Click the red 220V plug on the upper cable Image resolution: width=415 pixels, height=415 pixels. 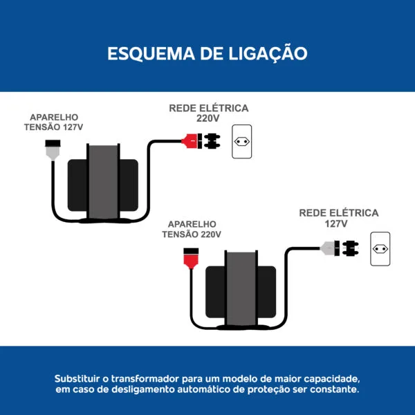pos(190,142)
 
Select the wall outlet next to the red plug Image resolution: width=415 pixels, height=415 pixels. pos(242,141)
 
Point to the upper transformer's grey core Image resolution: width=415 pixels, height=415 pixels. pos(102,183)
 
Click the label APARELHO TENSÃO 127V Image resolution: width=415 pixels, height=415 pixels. pos(53,122)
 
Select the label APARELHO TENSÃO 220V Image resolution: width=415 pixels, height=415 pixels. pos(192,229)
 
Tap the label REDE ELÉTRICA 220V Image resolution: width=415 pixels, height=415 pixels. pos(208,113)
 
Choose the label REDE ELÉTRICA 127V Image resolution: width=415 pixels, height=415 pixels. pos(339,218)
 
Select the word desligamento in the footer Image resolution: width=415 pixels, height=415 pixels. pos(137,389)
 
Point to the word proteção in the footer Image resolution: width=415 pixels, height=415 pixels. pos(264,389)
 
